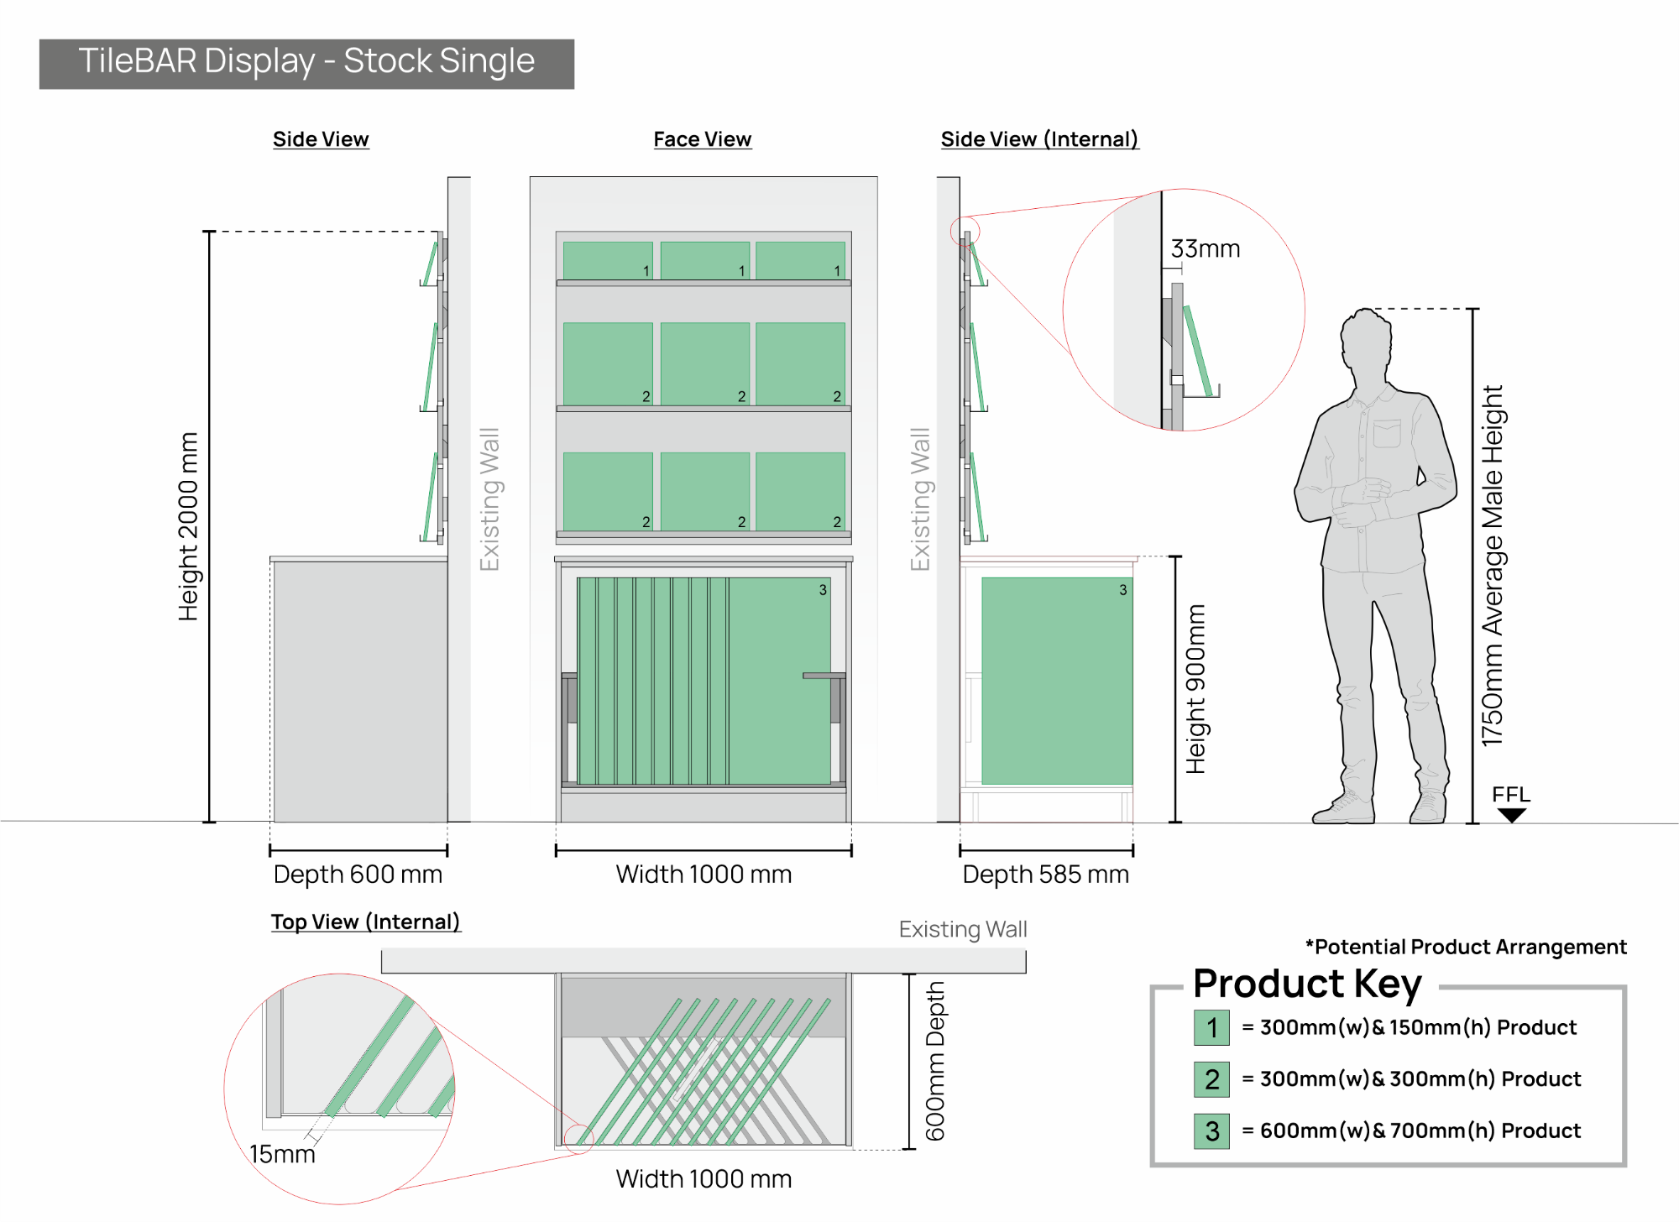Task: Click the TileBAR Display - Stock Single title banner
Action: pos(306,64)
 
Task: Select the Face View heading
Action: pos(703,139)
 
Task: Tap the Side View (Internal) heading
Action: pos(1039,139)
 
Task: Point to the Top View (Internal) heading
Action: pos(366,922)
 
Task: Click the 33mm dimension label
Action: pos(1205,248)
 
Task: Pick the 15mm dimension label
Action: pos(282,1154)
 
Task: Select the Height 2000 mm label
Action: pos(188,526)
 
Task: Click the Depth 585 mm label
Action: pos(1045,875)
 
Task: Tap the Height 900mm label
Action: pos(1195,689)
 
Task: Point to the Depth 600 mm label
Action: pos(358,875)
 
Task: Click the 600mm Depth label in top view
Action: pos(935,1062)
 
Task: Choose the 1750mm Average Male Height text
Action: pos(1492,566)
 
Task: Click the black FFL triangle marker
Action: pos(1511,815)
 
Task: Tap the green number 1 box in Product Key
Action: pos(1211,1027)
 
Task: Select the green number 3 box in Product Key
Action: pos(1211,1131)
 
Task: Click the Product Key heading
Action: pos(1307,984)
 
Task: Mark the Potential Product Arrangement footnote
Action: pos(1466,947)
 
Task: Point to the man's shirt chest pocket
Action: pos(1387,433)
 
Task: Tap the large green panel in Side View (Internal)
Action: pos(1057,681)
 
